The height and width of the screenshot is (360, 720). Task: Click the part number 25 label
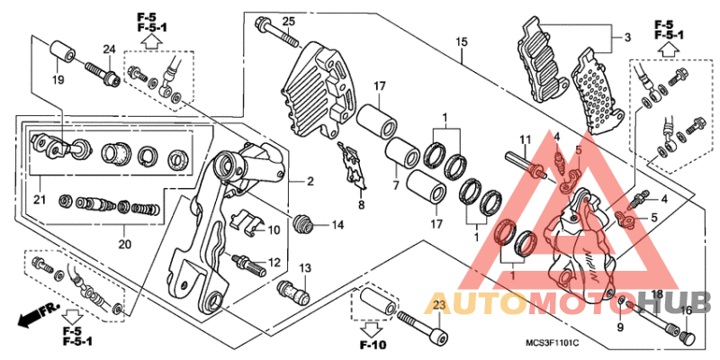point(288,22)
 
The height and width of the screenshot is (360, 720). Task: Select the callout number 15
point(461,42)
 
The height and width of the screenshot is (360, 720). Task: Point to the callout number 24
point(108,49)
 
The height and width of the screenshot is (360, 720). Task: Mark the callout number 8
point(361,205)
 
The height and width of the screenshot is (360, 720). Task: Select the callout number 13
point(305,268)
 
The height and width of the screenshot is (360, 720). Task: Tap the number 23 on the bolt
point(438,307)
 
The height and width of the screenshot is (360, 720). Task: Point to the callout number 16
point(687,310)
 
